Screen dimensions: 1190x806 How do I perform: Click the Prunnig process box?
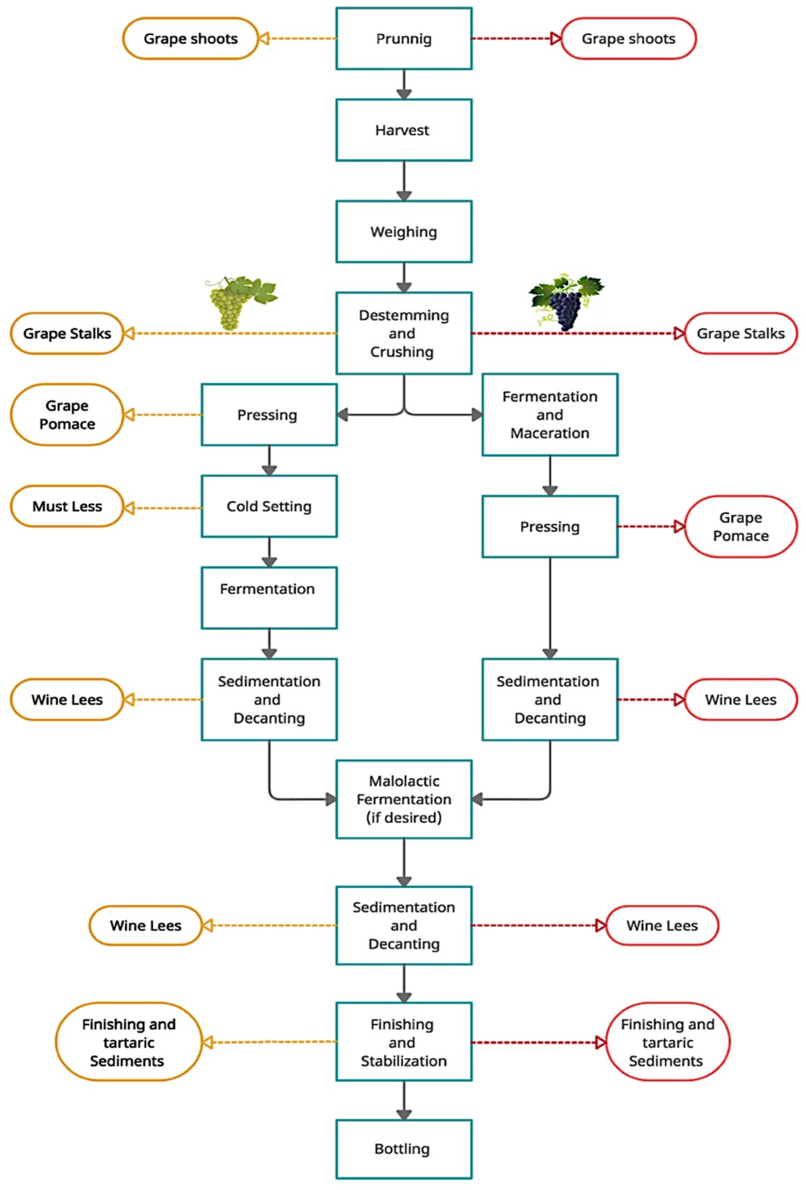pyautogui.click(x=404, y=38)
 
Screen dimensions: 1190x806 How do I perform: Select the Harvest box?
pyautogui.click(x=404, y=130)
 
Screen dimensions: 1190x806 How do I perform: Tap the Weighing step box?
pyautogui.click(x=404, y=231)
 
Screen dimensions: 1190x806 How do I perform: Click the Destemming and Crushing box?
pyautogui.click(x=404, y=333)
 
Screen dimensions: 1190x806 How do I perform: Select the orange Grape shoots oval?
pyautogui.click(x=190, y=38)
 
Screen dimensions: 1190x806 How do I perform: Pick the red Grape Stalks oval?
pyautogui.click(x=740, y=333)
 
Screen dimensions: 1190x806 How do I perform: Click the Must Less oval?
pyautogui.click(x=67, y=506)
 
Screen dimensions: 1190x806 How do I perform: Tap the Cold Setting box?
pyautogui.click(x=269, y=506)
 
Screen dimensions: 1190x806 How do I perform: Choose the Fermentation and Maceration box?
pyautogui.click(x=549, y=415)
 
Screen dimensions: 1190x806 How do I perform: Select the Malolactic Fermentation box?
pyautogui.click(x=404, y=799)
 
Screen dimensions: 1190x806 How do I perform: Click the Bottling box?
pyautogui.click(x=404, y=1149)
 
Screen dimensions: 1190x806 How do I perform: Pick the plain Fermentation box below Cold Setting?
pyautogui.click(x=269, y=598)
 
